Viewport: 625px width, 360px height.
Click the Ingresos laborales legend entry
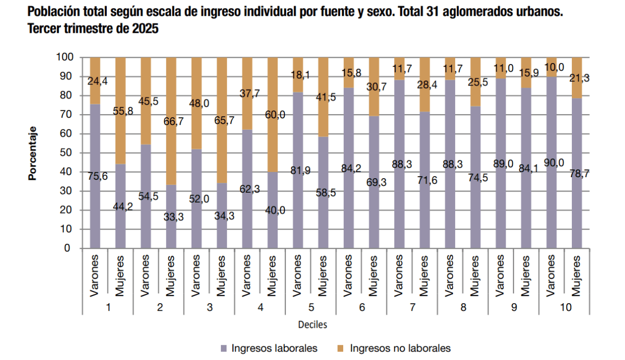pos(269,348)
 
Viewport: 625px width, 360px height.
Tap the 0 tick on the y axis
pos(70,249)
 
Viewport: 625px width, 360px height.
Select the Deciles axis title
pos(312,325)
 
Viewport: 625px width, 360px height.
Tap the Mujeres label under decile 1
pos(120,276)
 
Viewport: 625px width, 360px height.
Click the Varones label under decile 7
pos(399,277)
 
